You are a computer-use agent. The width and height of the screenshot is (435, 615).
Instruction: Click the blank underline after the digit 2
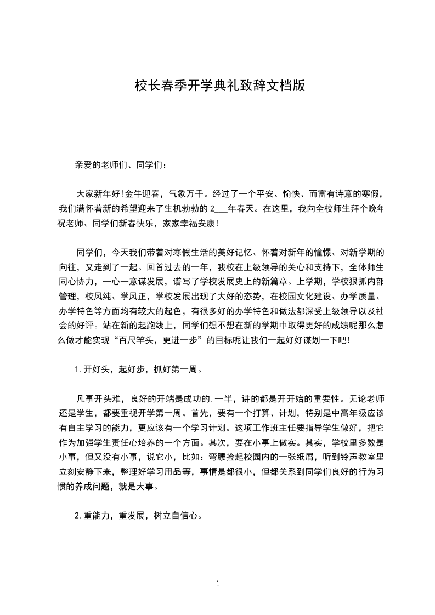pos(219,209)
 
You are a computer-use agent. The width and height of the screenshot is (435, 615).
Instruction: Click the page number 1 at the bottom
pos(218,584)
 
